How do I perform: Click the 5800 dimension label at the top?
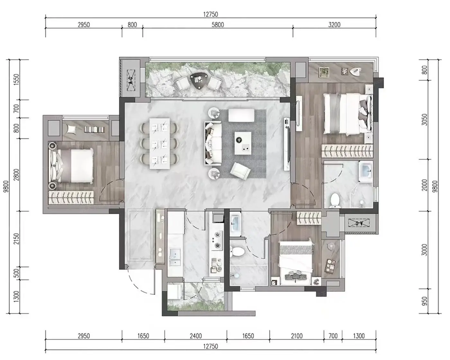pos(218,25)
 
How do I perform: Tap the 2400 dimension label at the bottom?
pos(196,336)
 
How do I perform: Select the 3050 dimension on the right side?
pos(424,120)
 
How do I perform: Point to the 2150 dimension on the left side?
pos(16,239)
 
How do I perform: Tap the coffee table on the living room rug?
pos(243,143)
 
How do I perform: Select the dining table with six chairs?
pos(159,143)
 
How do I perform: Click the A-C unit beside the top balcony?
pos(131,80)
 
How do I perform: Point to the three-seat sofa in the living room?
pos(213,143)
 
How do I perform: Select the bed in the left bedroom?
pos(71,166)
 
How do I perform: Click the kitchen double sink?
pos(175,257)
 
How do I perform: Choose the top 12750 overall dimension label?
pos(211,14)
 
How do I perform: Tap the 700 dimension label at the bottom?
pos(333,336)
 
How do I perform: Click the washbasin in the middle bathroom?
pos(236,224)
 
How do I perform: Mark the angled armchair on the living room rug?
pos(240,171)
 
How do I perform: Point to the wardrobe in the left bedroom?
pos(71,197)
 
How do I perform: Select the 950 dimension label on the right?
pos(424,301)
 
